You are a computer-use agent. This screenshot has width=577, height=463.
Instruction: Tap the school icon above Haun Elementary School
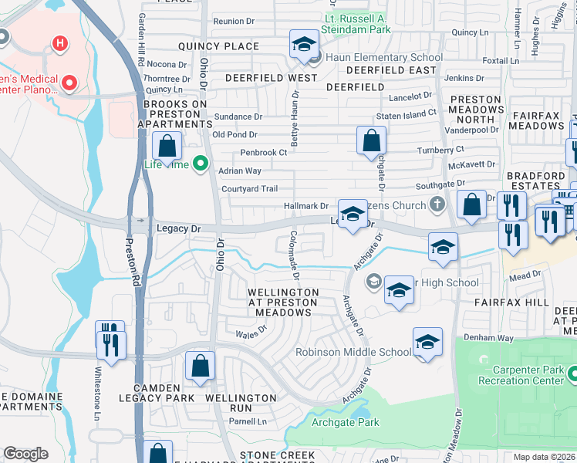pyautogui.click(x=305, y=44)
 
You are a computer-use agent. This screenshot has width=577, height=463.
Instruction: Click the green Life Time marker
pyautogui.click(x=201, y=163)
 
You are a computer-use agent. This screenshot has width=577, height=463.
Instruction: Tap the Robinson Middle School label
pyautogui.click(x=353, y=352)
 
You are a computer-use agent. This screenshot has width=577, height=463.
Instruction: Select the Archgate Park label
pyautogui.click(x=345, y=422)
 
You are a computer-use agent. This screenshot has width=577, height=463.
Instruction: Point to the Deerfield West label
pyautogui.click(x=270, y=78)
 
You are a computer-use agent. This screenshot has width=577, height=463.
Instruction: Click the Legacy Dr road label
pyautogui.click(x=178, y=229)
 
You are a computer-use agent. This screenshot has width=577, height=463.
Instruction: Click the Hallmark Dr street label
pyautogui.click(x=306, y=206)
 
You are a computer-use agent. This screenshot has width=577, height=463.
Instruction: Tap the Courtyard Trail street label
pyautogui.click(x=248, y=189)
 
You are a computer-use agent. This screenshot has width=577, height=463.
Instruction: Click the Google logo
pyautogui.click(x=25, y=454)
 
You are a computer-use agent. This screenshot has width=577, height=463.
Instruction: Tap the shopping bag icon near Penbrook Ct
pyautogui.click(x=371, y=140)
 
